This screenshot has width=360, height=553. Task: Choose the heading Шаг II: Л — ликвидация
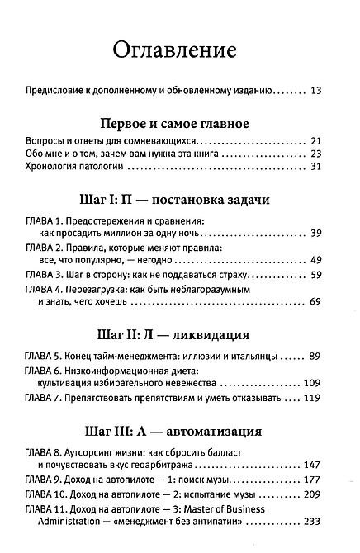point(180,336)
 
